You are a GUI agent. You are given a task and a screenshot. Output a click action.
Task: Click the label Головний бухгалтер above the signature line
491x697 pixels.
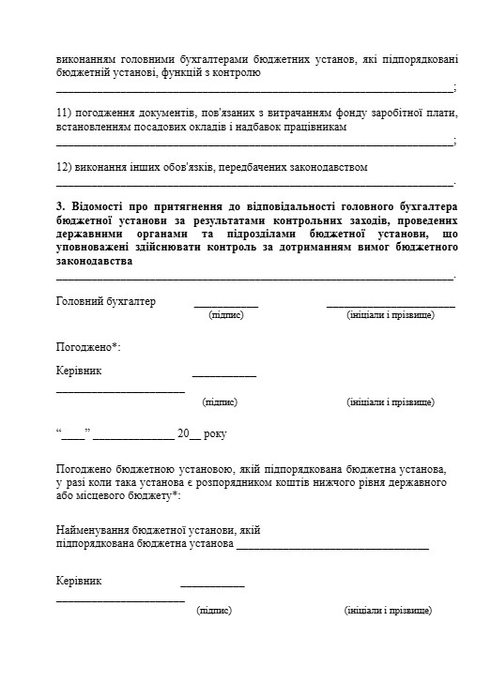tap(105, 302)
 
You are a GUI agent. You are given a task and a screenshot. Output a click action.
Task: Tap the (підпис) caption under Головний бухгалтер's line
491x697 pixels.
tap(225, 315)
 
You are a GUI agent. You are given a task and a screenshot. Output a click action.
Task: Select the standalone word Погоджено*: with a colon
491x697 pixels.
tap(88, 347)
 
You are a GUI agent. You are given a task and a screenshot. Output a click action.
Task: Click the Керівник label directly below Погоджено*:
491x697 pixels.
tap(79, 371)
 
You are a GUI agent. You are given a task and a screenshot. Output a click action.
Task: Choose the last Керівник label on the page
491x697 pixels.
tap(79, 581)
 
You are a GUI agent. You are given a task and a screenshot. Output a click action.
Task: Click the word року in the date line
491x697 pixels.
tap(215, 434)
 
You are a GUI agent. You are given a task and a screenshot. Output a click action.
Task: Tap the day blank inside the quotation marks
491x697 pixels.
tap(73, 436)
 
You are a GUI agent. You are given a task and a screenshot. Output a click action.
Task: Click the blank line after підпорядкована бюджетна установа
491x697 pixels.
tap(332, 546)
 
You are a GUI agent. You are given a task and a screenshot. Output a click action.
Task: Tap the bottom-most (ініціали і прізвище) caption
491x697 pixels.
tap(389, 611)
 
